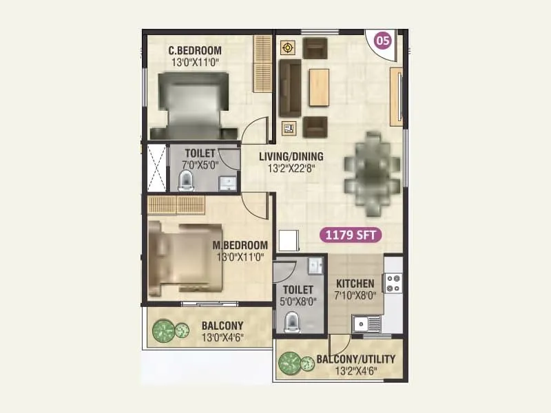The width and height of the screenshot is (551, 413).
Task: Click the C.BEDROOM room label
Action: (196, 50)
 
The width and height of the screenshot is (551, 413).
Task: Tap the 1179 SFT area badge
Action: (351, 235)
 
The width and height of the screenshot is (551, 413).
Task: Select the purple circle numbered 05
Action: (382, 41)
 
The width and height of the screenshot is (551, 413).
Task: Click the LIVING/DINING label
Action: (291, 156)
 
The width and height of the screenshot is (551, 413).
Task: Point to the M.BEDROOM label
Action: (240, 245)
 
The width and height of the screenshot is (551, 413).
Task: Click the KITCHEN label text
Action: (355, 284)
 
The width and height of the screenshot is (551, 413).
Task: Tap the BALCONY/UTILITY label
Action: (355, 359)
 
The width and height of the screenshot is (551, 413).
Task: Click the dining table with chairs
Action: (372, 164)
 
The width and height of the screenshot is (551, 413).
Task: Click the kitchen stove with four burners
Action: (393, 282)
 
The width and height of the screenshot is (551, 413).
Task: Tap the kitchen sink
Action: (365, 322)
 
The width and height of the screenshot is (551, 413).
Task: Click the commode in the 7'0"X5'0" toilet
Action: (186, 180)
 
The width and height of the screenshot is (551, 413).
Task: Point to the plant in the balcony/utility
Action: (290, 363)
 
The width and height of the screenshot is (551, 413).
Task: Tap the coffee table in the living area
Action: (319, 87)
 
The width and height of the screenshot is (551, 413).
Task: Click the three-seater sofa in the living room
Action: (289, 89)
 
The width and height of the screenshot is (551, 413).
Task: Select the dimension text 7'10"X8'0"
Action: (355, 296)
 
